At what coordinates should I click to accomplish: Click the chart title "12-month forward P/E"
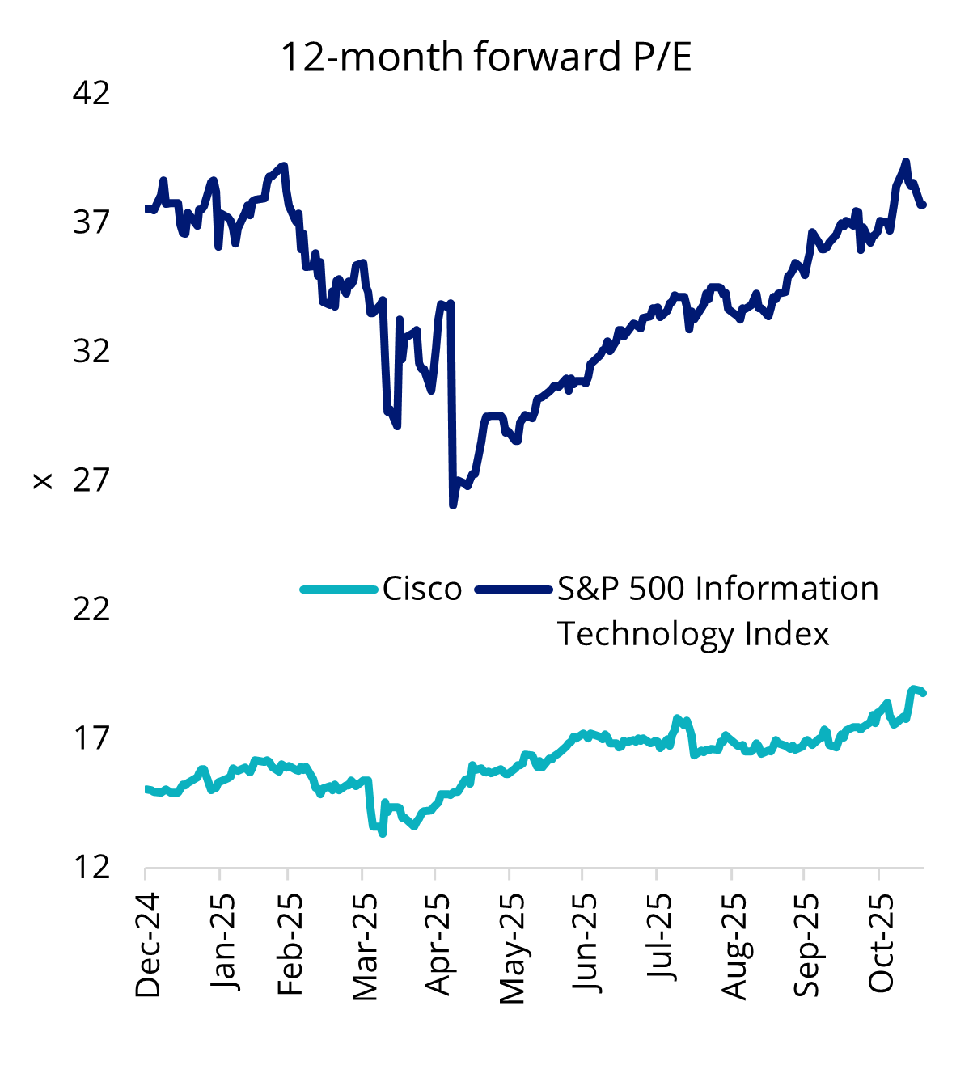click(486, 57)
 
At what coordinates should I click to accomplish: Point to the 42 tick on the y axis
click(91, 94)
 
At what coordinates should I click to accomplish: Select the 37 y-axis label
click(91, 222)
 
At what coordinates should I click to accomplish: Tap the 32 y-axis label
click(91, 352)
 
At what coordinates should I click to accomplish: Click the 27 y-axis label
click(91, 480)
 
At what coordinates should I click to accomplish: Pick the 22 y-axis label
click(91, 609)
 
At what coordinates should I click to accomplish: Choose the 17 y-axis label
click(91, 738)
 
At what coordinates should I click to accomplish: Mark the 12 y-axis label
click(91, 867)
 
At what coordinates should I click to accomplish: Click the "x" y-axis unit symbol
click(42, 482)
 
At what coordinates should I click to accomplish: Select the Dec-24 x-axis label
click(147, 945)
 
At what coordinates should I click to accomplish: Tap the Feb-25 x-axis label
click(290, 945)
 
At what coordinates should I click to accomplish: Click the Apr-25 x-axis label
click(437, 945)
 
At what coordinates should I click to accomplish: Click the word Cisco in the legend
click(422, 589)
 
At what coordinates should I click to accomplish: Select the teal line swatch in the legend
click(339, 589)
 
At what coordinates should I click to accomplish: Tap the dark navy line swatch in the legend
click(514, 589)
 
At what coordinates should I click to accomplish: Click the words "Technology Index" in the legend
click(693, 634)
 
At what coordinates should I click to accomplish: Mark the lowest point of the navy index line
click(453, 505)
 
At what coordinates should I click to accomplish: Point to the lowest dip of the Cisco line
click(382, 833)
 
